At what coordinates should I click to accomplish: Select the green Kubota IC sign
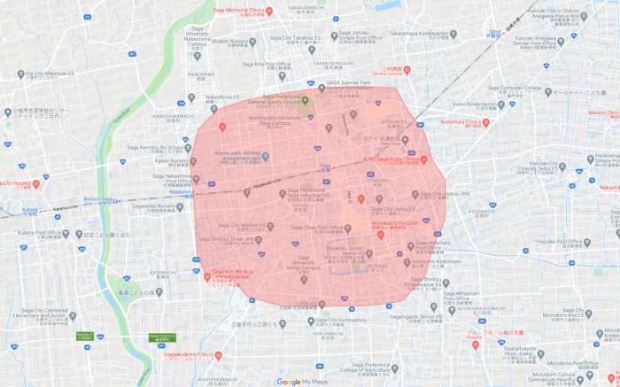[83, 334]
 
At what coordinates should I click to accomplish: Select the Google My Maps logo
[301, 382]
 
